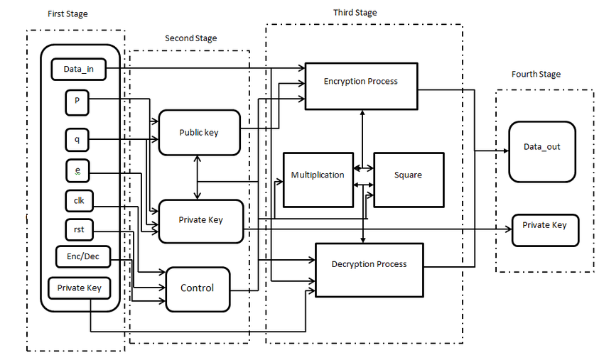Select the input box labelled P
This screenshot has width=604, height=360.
76,102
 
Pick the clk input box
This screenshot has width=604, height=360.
79,201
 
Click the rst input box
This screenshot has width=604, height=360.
79,230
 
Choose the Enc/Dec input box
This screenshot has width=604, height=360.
82,256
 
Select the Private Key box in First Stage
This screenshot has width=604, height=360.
79,288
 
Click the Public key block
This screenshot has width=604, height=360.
198,132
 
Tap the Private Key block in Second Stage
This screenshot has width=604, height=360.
200,220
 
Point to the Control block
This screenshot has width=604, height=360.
197,288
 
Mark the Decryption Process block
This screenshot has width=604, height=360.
369,265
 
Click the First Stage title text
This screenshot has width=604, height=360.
68,14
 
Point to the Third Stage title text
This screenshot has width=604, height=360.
355,13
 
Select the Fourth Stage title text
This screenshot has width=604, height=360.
536,74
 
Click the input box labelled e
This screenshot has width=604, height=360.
76,170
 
